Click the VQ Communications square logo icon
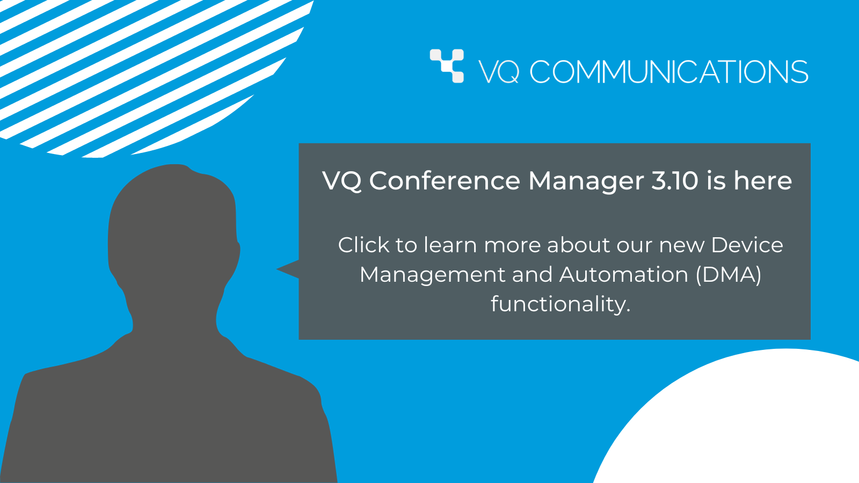tap(447, 66)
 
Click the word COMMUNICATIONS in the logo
tap(669, 72)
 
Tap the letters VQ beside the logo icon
tap(499, 72)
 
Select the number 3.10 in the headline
tap(674, 180)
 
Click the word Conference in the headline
tap(445, 180)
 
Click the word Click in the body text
tap(363, 245)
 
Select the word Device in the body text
tap(747, 245)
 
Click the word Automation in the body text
tap(623, 274)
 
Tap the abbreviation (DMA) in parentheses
tap(729, 275)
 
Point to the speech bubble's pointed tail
tap(278, 269)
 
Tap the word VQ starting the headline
tap(342, 181)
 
